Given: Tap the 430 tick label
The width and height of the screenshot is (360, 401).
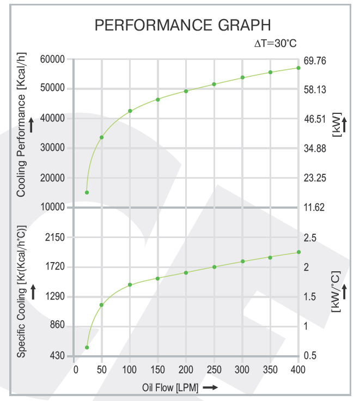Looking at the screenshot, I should [58, 356].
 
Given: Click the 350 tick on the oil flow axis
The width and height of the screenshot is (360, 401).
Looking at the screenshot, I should [270, 370].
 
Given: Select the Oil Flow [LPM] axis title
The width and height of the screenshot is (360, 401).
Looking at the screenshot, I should [170, 388].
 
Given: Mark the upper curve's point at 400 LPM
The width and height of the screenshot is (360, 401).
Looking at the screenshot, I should [298, 68].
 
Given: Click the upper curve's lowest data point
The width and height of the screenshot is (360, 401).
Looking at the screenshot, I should [87, 192].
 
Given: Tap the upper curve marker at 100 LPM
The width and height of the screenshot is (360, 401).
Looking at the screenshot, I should [130, 111].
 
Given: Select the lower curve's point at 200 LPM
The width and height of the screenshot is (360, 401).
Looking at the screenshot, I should [186, 272].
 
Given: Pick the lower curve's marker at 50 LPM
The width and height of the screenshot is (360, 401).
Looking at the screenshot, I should [101, 305].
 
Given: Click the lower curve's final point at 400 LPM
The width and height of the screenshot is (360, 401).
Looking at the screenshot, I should [298, 252].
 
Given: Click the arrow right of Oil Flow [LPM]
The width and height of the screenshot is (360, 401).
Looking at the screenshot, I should [211, 388].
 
